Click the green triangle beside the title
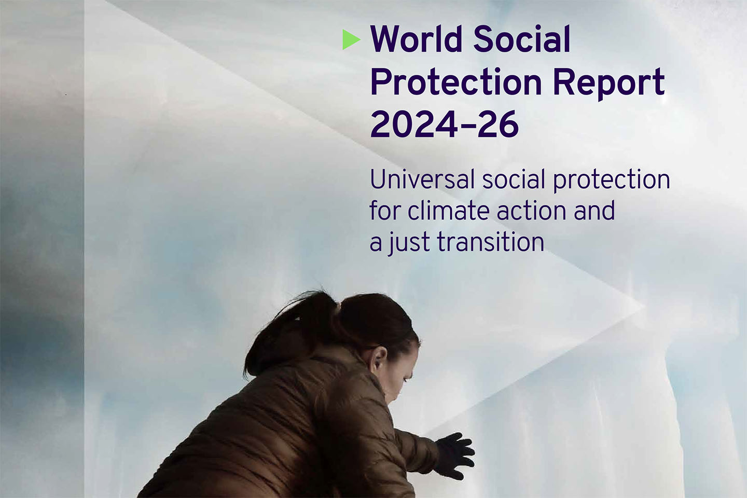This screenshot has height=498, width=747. tap(351, 40)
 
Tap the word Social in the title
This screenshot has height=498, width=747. tap(522, 39)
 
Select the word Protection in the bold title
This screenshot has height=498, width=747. tap(456, 82)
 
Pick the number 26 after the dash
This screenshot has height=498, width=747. tap(498, 124)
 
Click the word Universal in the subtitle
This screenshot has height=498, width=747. tap(422, 179)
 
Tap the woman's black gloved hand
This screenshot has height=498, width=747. tap(456, 456)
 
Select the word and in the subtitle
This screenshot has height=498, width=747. tap(594, 211)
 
